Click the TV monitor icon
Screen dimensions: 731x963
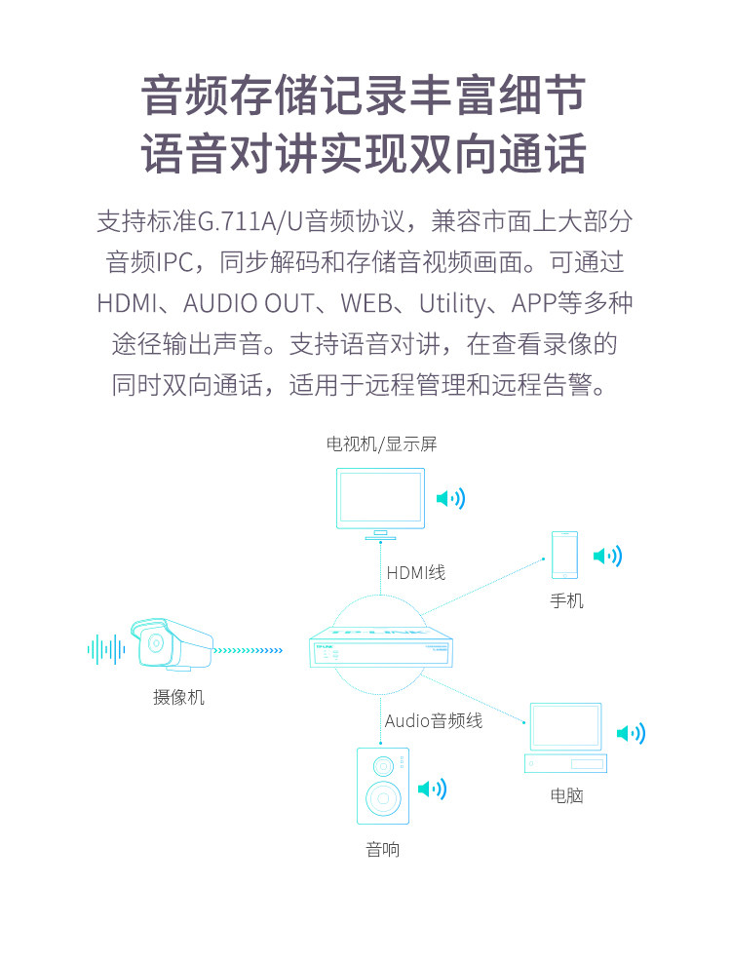tap(380, 502)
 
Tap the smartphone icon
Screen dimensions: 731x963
tap(564, 556)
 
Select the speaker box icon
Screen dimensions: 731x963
tap(383, 787)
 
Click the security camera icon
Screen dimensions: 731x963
tap(172, 642)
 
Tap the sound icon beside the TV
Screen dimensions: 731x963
tap(451, 499)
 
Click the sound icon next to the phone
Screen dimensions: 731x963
tap(607, 557)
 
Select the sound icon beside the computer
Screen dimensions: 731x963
tap(631, 733)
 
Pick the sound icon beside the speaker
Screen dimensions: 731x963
tap(432, 789)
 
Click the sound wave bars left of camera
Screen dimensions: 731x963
tap(106, 649)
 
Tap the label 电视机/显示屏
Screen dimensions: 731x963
tap(381, 444)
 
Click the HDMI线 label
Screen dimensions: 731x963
tap(416, 573)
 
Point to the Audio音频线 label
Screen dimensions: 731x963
tap(434, 720)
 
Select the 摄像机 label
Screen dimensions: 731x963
tap(178, 697)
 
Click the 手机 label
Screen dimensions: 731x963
tap(566, 600)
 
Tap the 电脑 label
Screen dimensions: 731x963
tap(566, 795)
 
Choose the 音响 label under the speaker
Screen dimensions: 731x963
tap(383, 849)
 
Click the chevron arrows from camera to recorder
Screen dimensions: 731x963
tap(248, 650)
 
